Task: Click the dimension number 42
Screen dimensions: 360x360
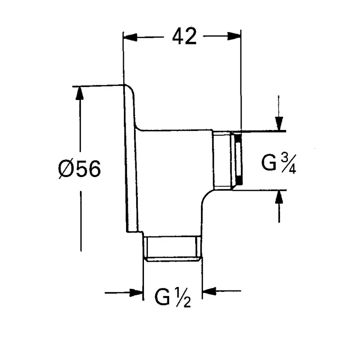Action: tap(184, 37)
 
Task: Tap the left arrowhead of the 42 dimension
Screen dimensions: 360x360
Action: tap(130, 37)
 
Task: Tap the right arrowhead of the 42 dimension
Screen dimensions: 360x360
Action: tap(234, 37)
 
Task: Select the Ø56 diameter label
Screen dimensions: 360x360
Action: tap(79, 168)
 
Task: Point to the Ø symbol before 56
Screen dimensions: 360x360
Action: tap(66, 168)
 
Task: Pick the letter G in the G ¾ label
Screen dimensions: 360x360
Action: tap(269, 163)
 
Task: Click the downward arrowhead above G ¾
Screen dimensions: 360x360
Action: tap(279, 123)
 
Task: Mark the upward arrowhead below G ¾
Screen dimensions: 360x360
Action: tap(279, 198)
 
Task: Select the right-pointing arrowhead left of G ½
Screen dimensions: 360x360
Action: tap(137, 292)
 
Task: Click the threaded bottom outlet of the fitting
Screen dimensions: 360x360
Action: tap(173, 249)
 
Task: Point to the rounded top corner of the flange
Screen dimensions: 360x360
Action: tap(131, 90)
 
